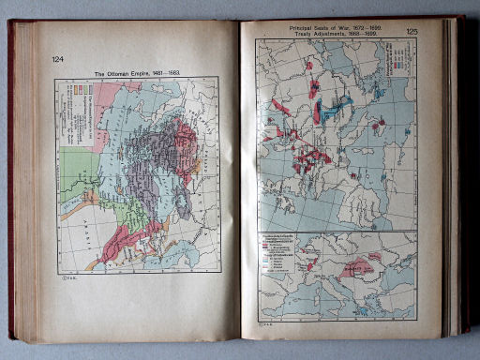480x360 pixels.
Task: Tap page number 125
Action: coord(412,32)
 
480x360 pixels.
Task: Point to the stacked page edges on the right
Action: coord(452,178)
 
